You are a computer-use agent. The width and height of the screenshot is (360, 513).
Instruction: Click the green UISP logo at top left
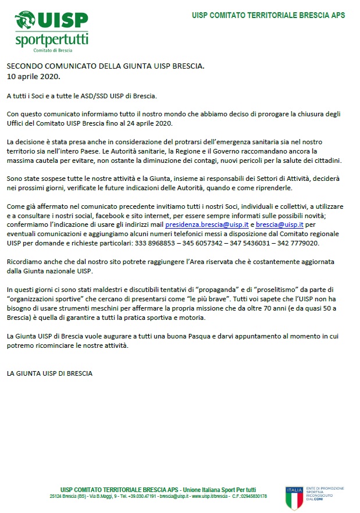coord(52,22)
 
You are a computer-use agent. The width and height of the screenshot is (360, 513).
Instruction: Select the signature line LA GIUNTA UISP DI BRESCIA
coord(49,373)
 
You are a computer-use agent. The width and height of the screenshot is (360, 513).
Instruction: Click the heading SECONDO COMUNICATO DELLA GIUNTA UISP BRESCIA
coord(105,66)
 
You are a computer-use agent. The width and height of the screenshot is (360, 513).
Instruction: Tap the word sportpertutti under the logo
coord(52,41)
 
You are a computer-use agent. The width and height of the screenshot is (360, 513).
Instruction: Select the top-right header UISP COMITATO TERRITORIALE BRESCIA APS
coord(268,15)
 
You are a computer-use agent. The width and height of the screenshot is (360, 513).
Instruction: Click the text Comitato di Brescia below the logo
coord(52,51)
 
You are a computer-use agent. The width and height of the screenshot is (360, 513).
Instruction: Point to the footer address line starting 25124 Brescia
coord(158,496)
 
